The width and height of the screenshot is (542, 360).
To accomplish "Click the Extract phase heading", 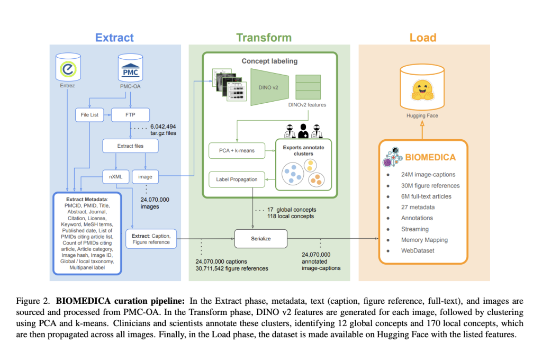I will [x=114, y=38].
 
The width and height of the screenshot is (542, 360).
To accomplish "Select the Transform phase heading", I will [x=264, y=38].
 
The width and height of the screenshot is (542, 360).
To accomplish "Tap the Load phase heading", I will [x=423, y=38].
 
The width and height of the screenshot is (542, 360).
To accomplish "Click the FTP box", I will [x=130, y=114].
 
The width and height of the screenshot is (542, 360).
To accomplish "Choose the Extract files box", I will [x=130, y=146].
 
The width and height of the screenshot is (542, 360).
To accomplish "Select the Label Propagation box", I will [x=237, y=179].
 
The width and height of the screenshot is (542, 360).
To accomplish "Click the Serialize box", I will [x=260, y=239].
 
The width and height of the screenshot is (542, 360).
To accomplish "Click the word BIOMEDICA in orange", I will [x=430, y=157].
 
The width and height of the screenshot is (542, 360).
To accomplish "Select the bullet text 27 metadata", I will [x=418, y=207].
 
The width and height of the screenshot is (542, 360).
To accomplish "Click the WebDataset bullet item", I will [x=417, y=250].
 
